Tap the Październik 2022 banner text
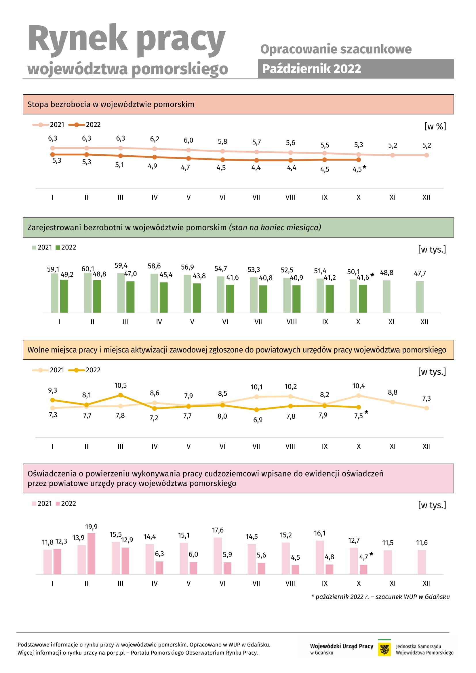(x=311, y=69)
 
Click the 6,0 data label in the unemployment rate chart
(x=189, y=140)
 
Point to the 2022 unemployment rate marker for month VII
(x=256, y=160)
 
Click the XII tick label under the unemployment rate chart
(x=427, y=198)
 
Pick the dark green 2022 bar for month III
(x=130, y=297)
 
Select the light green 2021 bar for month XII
(x=420, y=297)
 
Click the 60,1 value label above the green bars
(x=88, y=269)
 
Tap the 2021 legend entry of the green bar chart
(x=42, y=247)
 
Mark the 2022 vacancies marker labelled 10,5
(x=121, y=395)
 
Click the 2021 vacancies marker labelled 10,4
(x=359, y=396)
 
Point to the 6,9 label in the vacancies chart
(x=258, y=420)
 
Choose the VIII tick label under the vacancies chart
(x=290, y=447)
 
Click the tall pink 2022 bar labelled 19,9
(x=92, y=554)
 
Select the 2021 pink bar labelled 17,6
(x=218, y=556)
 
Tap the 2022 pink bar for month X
(x=363, y=569)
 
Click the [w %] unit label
(x=435, y=126)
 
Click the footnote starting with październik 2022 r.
(x=380, y=597)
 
